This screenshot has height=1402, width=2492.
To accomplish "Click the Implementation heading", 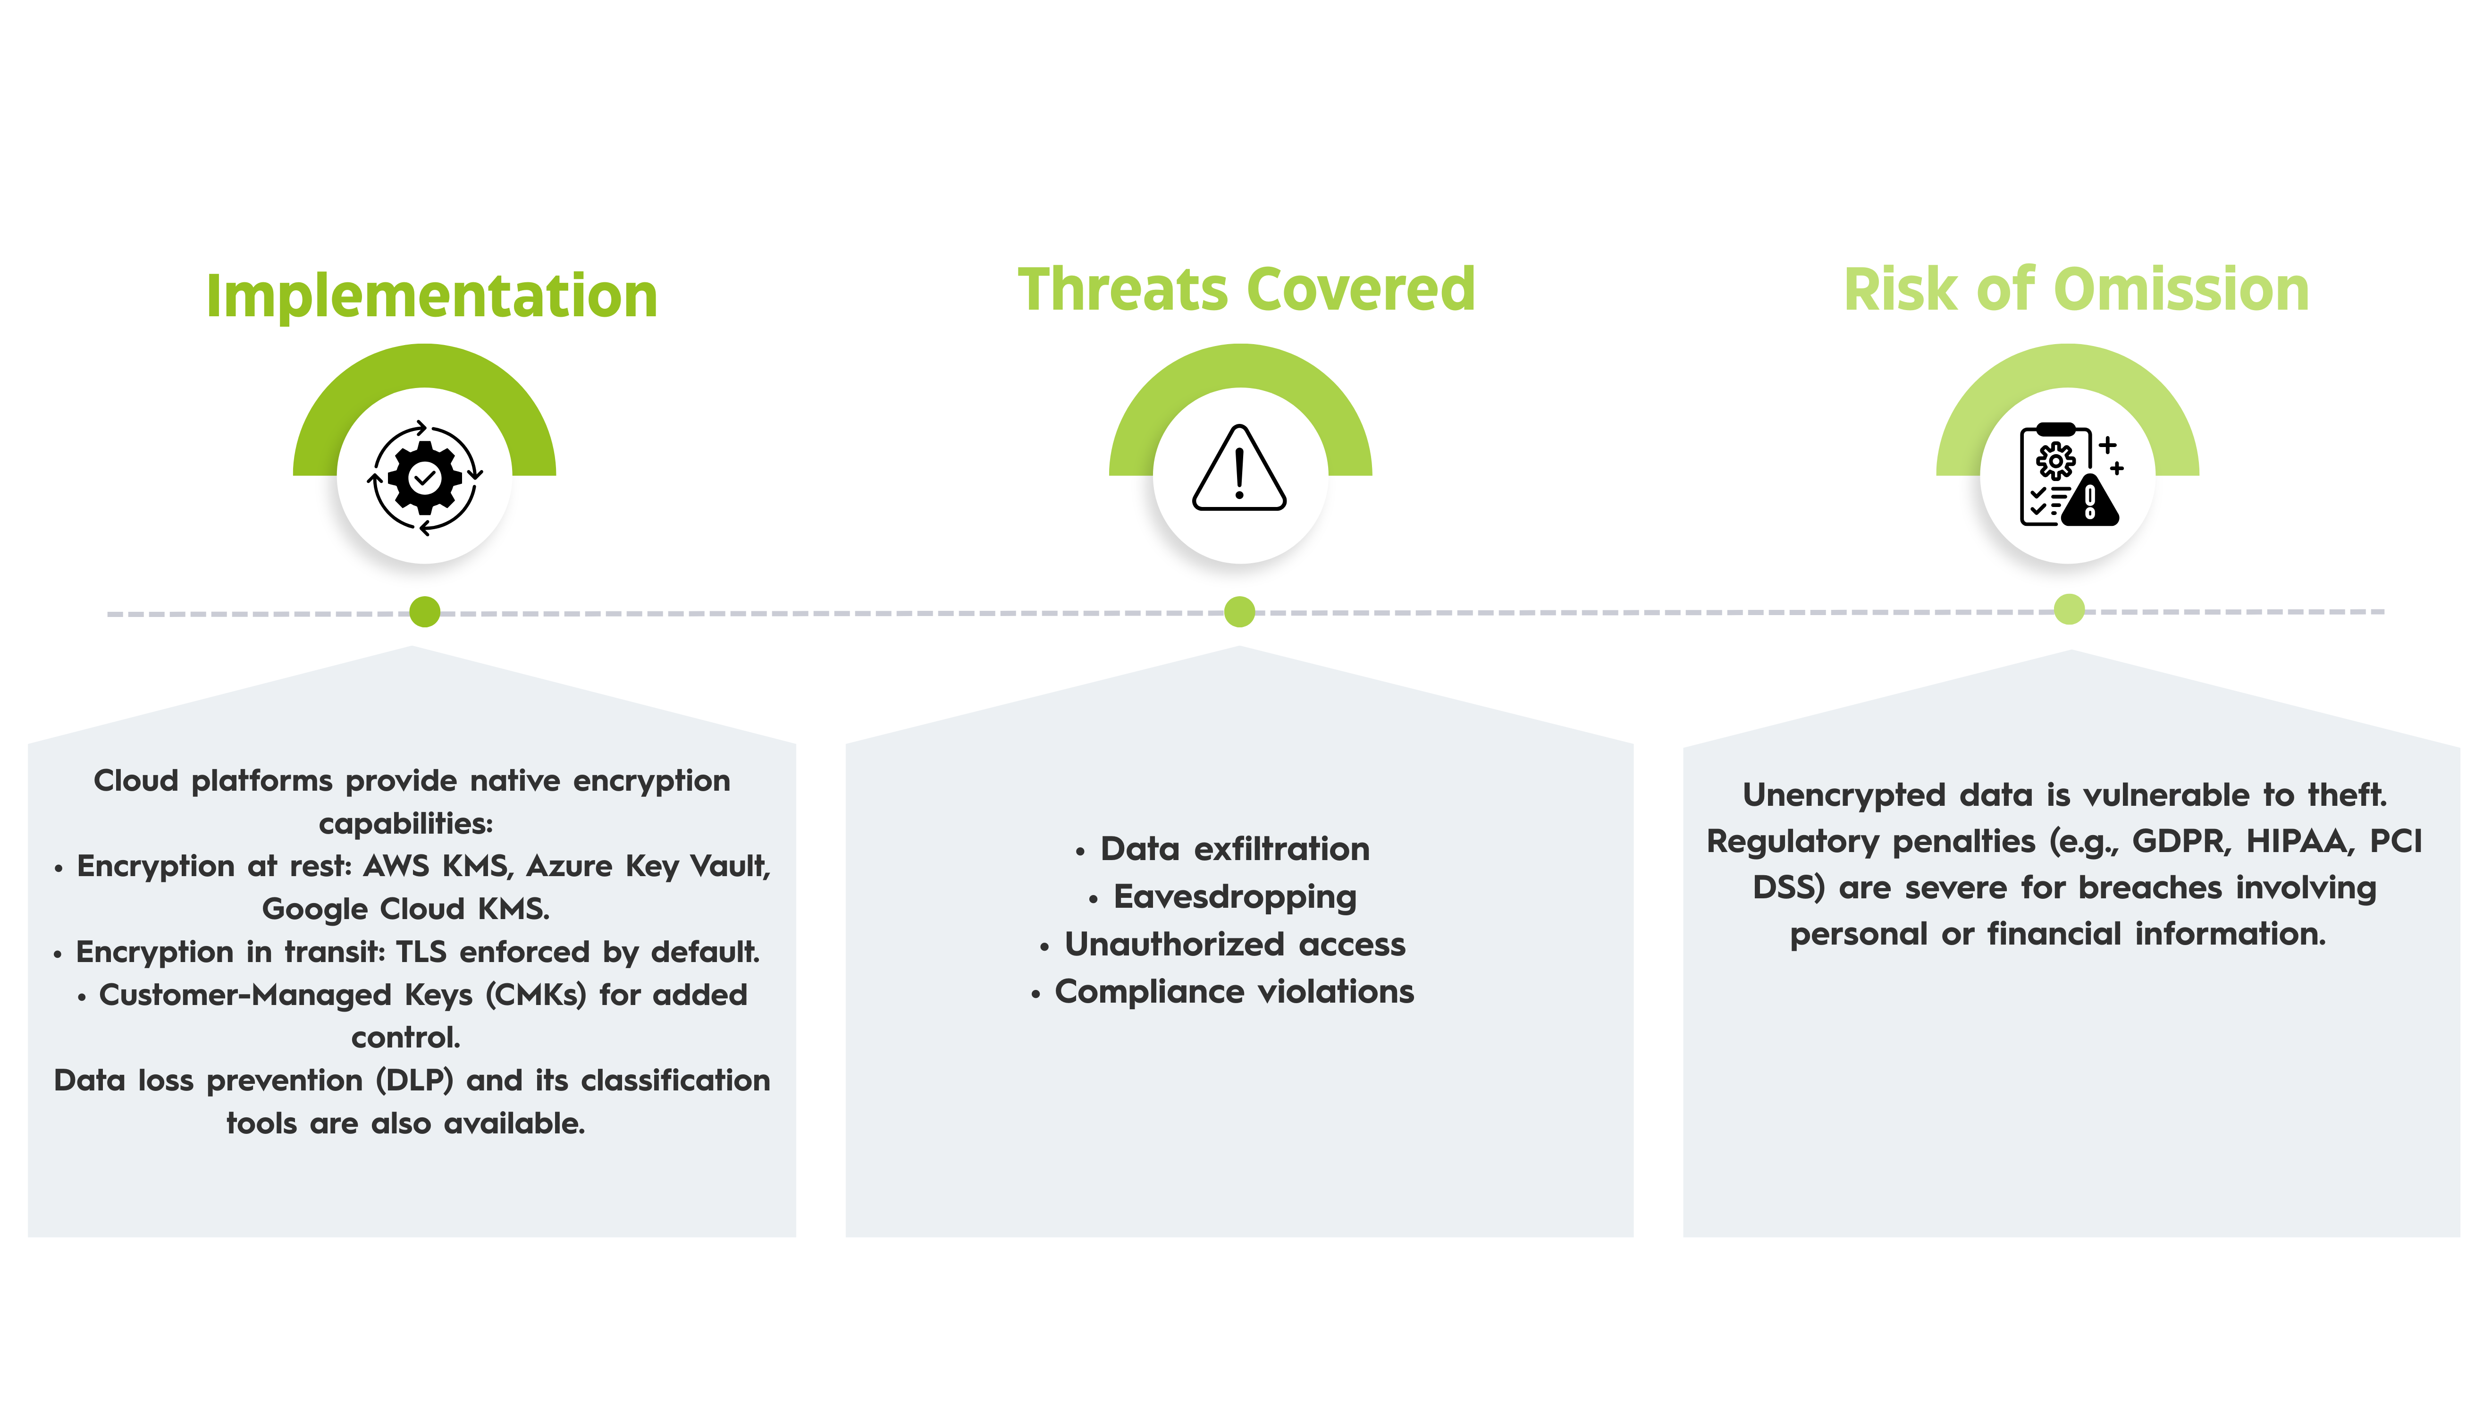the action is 431,296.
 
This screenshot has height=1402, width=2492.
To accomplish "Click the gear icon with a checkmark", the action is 425,477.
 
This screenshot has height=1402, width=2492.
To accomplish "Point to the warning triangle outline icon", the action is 1239,468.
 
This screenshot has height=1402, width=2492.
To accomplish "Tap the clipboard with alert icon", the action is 2070,474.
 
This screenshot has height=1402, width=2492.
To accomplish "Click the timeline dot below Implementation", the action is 425,611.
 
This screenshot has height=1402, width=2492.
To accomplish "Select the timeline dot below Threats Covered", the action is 1239,611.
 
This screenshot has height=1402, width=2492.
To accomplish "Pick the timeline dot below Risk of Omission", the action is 2069,608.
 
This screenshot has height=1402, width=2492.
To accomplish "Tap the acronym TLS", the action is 421,952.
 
